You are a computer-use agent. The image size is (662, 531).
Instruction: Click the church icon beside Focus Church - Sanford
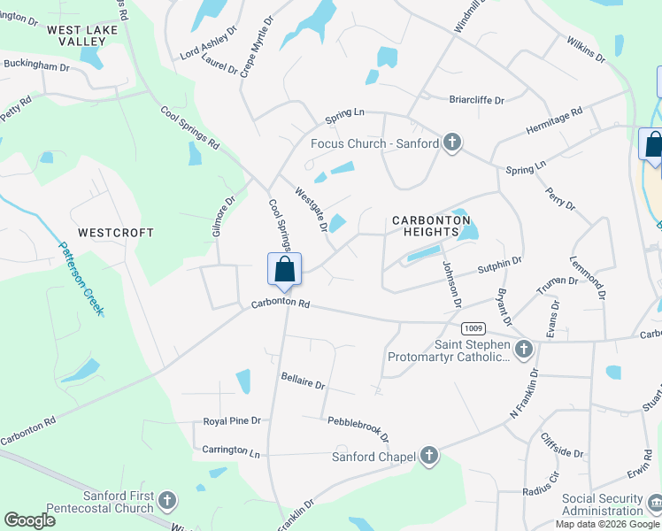[x=452, y=142]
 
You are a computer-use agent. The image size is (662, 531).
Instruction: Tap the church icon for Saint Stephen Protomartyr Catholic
[x=523, y=350]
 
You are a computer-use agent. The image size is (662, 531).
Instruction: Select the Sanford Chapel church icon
[x=429, y=457]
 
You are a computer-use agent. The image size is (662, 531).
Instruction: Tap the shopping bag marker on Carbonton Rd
[x=284, y=269]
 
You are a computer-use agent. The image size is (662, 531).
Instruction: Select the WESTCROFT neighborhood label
[x=116, y=233]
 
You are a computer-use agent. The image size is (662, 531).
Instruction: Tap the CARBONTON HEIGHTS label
[x=431, y=226]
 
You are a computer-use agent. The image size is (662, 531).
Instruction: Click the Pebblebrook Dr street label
[x=358, y=428]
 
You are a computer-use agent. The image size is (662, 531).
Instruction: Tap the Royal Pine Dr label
[x=232, y=421]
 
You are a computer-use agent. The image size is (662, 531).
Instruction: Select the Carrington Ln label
[x=231, y=450]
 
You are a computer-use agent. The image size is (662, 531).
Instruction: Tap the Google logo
[x=29, y=519]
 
